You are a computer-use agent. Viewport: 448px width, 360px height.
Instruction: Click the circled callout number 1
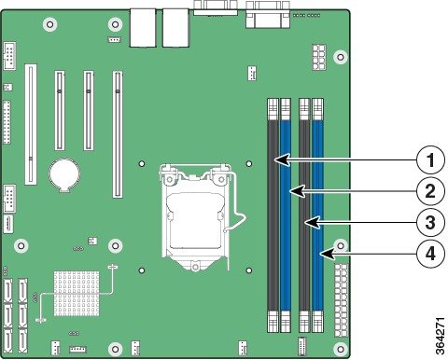430,160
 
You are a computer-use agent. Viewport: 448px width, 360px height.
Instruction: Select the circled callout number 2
430,191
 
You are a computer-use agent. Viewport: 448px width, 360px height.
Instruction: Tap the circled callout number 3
430,222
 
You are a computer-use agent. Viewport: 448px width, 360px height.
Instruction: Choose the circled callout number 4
430,254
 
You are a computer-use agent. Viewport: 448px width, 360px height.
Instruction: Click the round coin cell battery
64,173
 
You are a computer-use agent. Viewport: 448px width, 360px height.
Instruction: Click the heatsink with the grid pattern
77,294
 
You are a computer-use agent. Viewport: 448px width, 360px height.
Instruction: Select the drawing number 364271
441,336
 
